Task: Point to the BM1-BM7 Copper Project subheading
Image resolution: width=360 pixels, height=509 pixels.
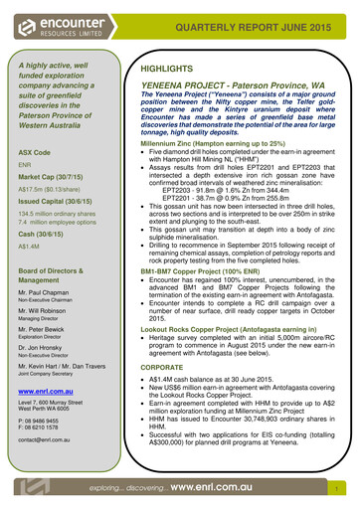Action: click(196, 269)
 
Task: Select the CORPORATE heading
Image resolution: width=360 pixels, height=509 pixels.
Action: click(168, 367)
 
